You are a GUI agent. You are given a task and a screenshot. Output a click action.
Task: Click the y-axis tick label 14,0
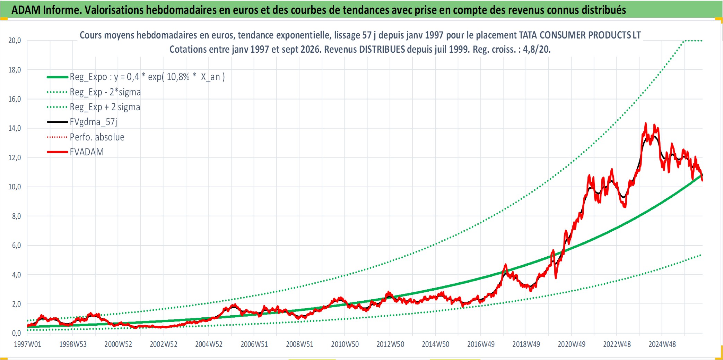point(15,128)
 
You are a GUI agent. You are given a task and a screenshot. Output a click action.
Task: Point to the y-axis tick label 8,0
point(16,216)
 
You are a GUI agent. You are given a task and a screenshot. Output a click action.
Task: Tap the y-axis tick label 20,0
point(15,41)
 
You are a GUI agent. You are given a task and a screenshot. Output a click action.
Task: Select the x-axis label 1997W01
point(27,344)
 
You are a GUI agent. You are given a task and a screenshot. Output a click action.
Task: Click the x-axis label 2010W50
point(345,344)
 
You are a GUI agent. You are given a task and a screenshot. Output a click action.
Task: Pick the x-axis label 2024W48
point(662,344)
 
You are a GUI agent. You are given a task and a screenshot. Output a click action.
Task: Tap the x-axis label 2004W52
point(209,344)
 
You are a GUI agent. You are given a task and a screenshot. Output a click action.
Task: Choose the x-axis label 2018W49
point(526,344)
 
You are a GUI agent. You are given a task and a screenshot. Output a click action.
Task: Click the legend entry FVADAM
point(87,152)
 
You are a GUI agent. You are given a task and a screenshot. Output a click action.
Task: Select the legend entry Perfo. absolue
point(97,137)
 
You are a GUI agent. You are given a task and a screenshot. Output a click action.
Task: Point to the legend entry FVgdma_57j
point(94,122)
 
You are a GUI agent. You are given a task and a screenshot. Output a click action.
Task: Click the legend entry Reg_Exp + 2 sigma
point(105,107)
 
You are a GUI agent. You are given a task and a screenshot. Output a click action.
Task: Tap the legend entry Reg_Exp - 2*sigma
point(105,92)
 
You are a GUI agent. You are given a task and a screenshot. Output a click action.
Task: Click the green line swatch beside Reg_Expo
point(58,77)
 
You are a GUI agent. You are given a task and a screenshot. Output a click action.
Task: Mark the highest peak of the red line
point(645,123)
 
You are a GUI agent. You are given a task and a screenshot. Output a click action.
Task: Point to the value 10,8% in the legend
point(178,77)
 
